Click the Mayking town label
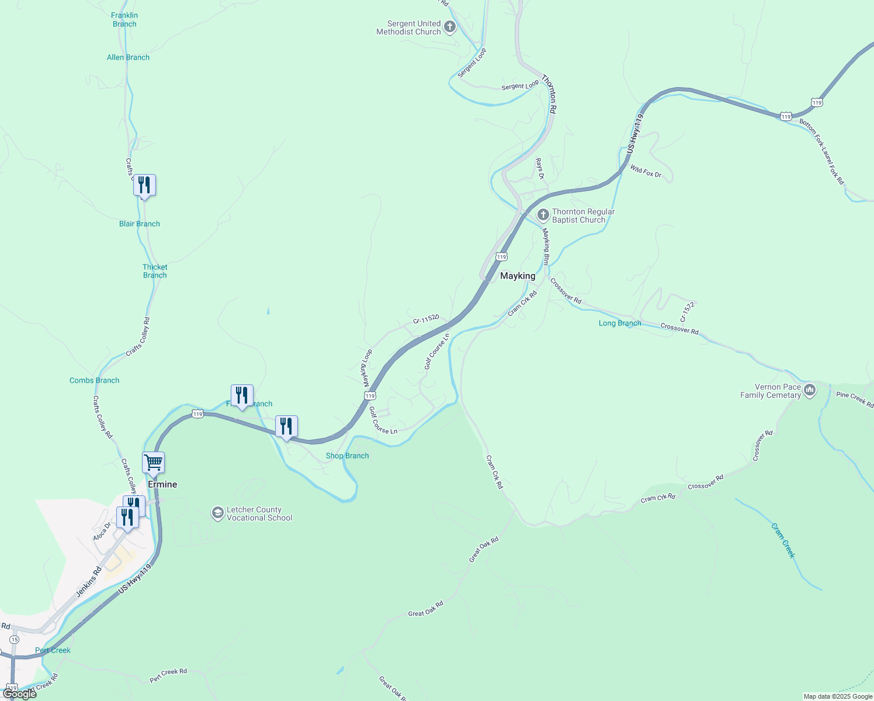[517, 276]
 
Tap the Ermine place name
[162, 484]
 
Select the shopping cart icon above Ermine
[153, 462]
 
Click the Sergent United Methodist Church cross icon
[450, 26]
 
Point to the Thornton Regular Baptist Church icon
[543, 215]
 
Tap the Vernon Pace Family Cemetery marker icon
[810, 390]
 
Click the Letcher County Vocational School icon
[217, 513]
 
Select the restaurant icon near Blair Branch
[144, 185]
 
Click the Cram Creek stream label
[783, 540]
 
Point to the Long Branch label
[620, 323]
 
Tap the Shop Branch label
[347, 456]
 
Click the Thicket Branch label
[155, 271]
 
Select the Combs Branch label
[94, 380]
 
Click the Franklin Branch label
[124, 20]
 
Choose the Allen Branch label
[128, 57]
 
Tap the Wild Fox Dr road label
[646, 171]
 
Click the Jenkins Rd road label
[89, 581]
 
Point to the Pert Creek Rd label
[168, 675]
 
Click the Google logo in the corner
[19, 693]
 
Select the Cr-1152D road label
[426, 319]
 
